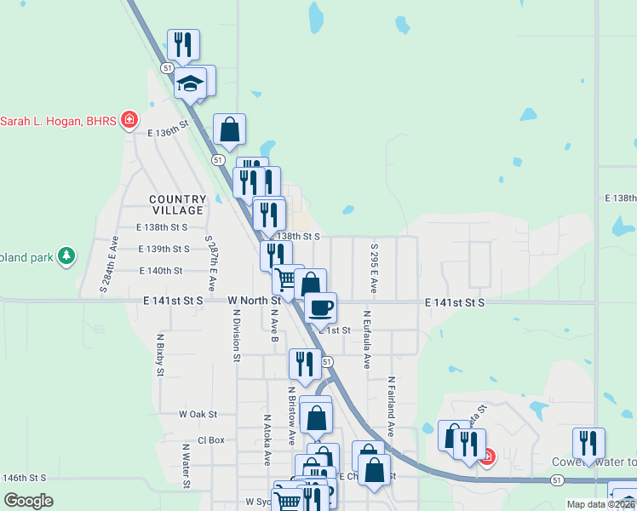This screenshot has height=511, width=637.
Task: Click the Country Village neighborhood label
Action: tap(177, 204)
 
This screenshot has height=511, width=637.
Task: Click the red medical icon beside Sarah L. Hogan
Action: tap(129, 120)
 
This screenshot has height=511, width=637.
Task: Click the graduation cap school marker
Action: tap(190, 84)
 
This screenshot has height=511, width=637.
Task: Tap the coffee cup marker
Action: tap(320, 307)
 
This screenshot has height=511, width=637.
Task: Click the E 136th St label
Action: tap(167, 133)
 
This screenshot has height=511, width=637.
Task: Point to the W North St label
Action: tap(254, 301)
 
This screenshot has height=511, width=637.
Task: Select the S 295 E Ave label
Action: tap(375, 267)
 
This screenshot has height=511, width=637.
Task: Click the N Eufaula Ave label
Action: tap(367, 342)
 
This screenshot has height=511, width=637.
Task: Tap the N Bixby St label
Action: tap(160, 354)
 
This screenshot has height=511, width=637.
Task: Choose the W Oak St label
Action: tap(198, 414)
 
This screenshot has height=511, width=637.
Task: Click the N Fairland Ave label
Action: tap(392, 406)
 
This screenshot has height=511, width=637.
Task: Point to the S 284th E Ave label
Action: tap(107, 264)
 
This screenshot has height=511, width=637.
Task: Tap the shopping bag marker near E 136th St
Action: tap(229, 129)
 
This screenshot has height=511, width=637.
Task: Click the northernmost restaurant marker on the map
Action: tap(183, 44)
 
